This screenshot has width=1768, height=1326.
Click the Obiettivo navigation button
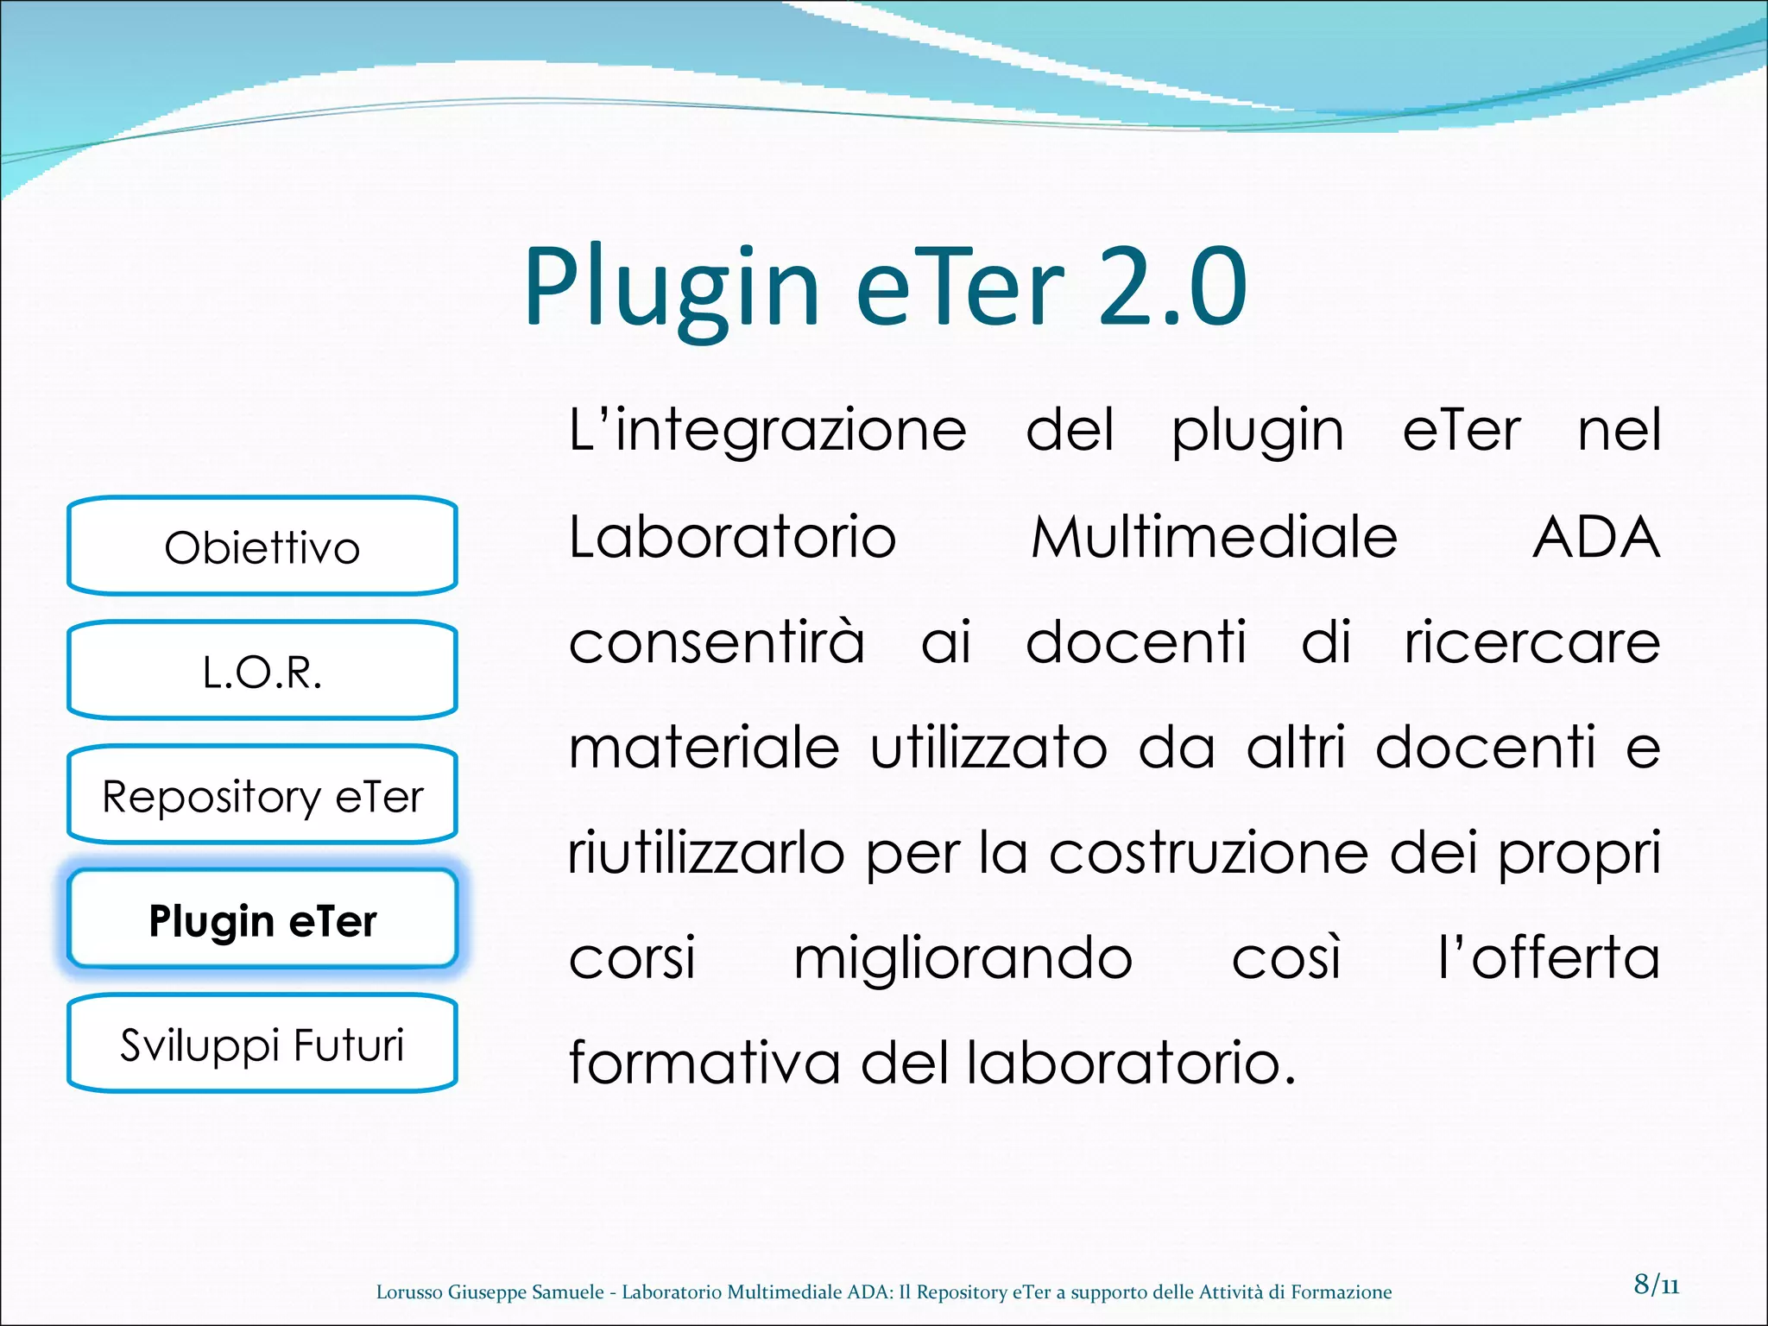click(x=262, y=546)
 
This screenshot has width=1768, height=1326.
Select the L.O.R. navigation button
click(x=262, y=671)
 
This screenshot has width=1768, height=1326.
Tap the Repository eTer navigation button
click(x=262, y=795)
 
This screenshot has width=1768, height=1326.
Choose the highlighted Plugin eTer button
click(x=262, y=920)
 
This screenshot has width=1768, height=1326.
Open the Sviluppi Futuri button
click(x=262, y=1045)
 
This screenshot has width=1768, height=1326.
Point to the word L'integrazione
click(x=767, y=431)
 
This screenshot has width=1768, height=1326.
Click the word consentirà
click(x=717, y=642)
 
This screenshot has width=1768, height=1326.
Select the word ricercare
click(x=1531, y=642)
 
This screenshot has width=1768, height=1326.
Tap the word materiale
click(x=704, y=748)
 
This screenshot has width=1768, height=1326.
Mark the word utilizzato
click(x=988, y=748)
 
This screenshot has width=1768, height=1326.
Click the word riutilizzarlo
click(x=705, y=854)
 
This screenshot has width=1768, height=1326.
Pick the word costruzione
click(x=1209, y=854)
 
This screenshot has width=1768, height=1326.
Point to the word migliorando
click(x=963, y=958)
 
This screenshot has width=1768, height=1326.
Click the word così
click(x=1286, y=958)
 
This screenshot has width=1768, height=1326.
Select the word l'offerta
click(x=1549, y=958)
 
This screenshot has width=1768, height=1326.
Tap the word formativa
click(x=704, y=1063)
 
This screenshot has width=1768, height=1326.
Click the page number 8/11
click(x=1656, y=1284)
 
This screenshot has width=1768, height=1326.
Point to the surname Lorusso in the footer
click(x=410, y=1291)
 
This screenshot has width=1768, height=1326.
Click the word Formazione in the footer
click(x=1341, y=1291)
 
